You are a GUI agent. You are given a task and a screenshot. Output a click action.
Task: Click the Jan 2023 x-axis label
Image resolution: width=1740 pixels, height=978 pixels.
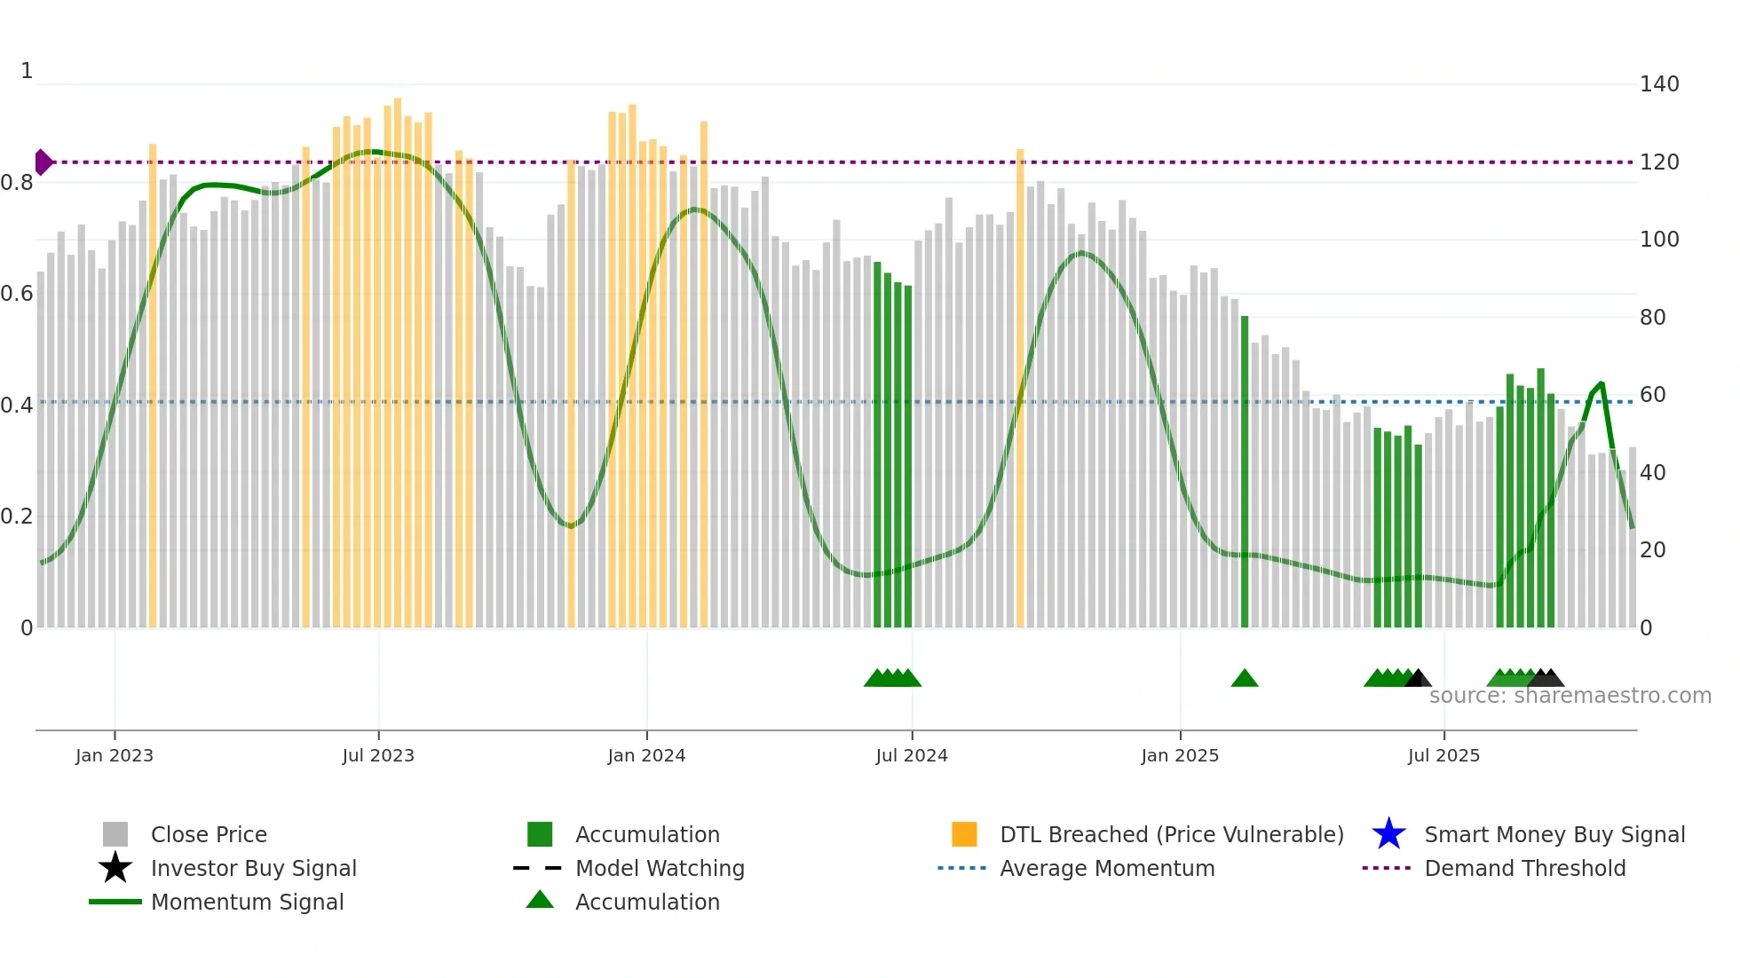[115, 755]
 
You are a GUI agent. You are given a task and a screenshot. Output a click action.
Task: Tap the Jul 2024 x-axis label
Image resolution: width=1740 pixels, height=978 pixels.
[912, 755]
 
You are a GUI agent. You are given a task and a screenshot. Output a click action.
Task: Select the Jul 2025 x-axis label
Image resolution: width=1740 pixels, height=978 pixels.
[1443, 755]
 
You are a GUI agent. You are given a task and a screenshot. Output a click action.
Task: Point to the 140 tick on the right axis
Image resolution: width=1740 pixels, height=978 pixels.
[1659, 84]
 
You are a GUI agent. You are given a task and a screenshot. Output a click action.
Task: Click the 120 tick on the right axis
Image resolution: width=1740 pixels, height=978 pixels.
[1659, 162]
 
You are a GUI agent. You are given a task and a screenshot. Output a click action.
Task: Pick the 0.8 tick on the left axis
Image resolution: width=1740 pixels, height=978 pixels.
[18, 183]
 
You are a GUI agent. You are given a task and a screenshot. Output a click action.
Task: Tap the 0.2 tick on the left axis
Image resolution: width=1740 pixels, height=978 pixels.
[18, 517]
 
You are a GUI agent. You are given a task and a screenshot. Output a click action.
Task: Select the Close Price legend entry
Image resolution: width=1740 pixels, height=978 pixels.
[209, 834]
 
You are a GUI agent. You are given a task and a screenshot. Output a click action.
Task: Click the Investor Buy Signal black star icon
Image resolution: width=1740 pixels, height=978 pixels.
[115, 868]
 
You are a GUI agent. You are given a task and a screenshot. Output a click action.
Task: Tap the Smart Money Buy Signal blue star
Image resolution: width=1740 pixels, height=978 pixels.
[1388, 834]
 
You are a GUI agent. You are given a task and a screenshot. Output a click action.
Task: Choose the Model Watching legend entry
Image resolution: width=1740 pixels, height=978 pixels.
[660, 868]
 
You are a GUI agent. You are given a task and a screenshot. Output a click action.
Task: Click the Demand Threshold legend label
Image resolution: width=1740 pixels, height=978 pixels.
[1524, 868]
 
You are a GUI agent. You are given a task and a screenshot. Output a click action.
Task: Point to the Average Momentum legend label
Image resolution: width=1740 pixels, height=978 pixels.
[1107, 868]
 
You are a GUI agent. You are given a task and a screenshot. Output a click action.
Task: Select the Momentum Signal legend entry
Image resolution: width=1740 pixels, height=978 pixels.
[247, 902]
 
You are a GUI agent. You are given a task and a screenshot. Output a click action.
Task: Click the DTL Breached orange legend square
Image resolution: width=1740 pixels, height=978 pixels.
[964, 834]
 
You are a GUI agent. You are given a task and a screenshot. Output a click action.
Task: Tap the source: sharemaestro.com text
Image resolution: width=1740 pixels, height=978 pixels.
[1570, 696]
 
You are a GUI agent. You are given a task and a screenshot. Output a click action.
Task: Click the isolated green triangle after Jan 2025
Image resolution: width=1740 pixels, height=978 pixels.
[1245, 679]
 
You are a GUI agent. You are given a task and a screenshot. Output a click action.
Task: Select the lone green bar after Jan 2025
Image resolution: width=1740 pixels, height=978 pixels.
[1245, 470]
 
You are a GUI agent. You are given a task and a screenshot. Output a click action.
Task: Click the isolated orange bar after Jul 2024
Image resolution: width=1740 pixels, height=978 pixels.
[1020, 390]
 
